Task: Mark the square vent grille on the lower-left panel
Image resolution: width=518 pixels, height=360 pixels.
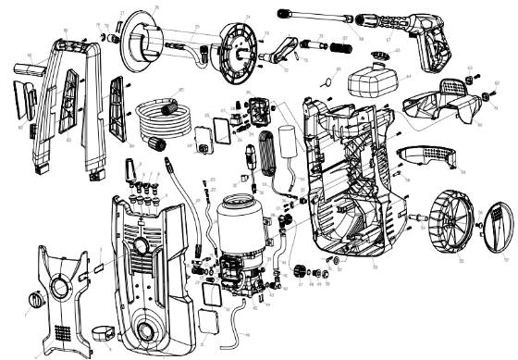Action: point(62,330)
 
